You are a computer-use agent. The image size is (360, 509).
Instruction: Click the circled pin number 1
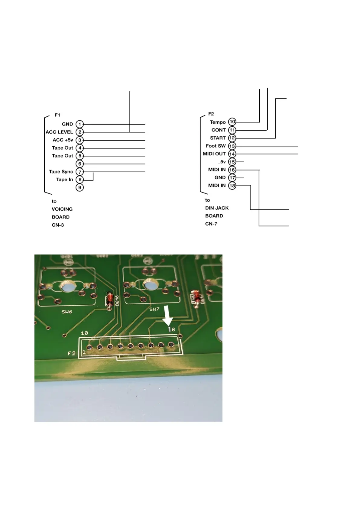point(79,124)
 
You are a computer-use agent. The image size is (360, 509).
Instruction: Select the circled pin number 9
point(79,187)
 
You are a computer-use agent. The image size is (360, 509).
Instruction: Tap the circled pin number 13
point(232,146)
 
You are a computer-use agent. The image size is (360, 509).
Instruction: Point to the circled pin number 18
point(232,186)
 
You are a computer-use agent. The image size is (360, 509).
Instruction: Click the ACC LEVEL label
point(59,132)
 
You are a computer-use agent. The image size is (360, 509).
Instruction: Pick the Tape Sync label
point(61,172)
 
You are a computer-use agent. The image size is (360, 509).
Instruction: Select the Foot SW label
point(216,146)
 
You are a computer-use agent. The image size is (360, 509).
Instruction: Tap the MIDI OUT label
point(214,154)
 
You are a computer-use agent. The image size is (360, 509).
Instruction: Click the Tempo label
point(218,122)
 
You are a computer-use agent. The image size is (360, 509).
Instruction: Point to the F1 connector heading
point(57,115)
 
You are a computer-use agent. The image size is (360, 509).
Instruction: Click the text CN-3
point(58,225)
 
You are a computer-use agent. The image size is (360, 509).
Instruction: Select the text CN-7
point(211,224)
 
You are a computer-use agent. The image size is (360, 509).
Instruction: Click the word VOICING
point(62,209)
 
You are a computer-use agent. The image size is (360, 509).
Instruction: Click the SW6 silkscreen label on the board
point(67,312)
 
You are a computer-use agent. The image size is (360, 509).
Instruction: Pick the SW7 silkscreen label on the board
point(154,309)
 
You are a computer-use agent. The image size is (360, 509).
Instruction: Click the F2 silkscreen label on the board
point(72,353)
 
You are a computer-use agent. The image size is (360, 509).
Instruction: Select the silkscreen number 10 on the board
point(84,333)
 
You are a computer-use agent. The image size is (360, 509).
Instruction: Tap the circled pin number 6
point(79,164)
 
